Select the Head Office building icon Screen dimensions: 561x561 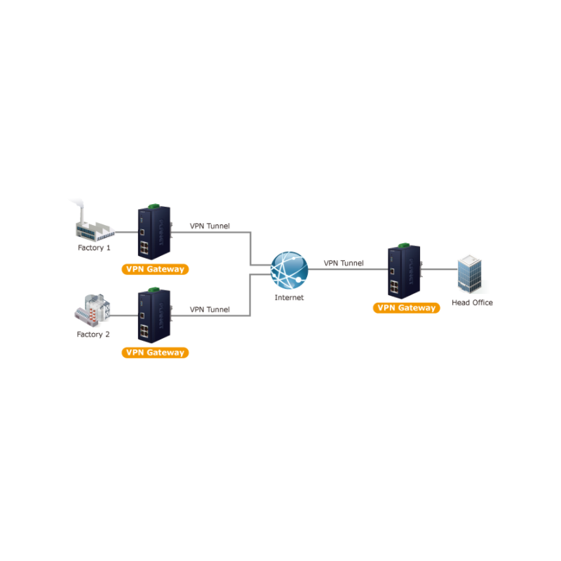click(x=470, y=273)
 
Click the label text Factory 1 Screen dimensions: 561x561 click(x=94, y=248)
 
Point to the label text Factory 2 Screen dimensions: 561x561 click(x=93, y=334)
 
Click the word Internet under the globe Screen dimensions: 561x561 click(x=290, y=297)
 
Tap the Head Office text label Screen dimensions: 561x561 click(x=472, y=303)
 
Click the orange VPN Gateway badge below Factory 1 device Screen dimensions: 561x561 click(x=154, y=269)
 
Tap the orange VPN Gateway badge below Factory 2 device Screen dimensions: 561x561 click(x=154, y=353)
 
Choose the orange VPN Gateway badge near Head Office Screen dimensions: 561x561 click(x=407, y=308)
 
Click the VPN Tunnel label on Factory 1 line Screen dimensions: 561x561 click(x=210, y=227)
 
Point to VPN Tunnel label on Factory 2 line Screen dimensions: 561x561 click(x=210, y=309)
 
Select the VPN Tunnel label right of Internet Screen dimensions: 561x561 click(x=344, y=264)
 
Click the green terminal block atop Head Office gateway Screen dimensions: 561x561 click(x=404, y=245)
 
